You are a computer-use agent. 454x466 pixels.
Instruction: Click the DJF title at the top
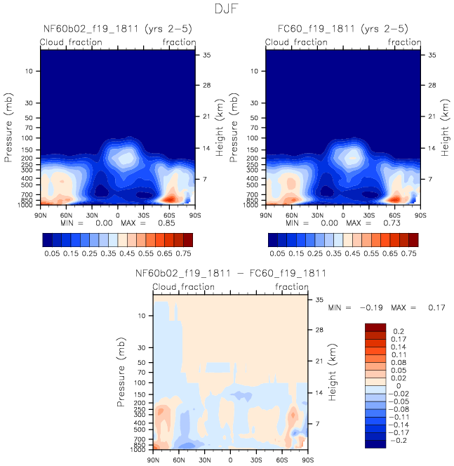pos(227,8)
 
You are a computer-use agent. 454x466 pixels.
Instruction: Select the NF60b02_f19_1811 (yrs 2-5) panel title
pos(118,29)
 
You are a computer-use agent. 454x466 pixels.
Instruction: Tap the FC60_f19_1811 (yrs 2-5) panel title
pos(343,29)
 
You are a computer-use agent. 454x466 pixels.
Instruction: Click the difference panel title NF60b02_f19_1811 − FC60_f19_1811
pos(231,273)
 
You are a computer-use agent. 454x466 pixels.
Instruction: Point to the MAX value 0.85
pos(166,223)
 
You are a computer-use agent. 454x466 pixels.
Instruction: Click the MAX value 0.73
pos(392,223)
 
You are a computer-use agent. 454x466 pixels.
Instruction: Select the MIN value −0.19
pos(371,307)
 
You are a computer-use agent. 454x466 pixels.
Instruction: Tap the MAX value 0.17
pos(436,307)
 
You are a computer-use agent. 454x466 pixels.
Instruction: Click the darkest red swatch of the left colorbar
pos(188,240)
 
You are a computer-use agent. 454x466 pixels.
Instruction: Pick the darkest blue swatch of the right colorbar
pos(273,240)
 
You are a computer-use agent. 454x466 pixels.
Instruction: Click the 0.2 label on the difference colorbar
pos(399,331)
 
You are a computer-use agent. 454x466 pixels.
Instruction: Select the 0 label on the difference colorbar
pos(399,386)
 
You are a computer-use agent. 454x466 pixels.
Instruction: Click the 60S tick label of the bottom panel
pos(281,460)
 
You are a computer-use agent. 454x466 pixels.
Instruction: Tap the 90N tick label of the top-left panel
pos(41,215)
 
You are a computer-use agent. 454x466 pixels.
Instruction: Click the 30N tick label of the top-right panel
pos(317,215)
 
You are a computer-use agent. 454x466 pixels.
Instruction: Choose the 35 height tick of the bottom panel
pos(319,300)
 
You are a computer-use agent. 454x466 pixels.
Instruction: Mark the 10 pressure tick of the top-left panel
pos(29,71)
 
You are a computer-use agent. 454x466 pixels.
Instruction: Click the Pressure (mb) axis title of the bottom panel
pos(121,372)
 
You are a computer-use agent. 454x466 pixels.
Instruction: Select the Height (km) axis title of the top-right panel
pos(445,128)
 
